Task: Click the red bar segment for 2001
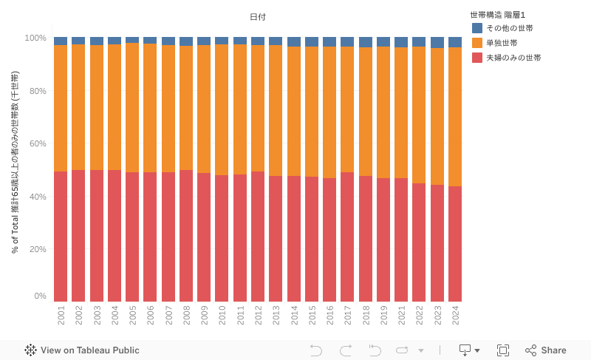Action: [61, 237]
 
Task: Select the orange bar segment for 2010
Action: [222, 110]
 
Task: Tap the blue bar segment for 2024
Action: [455, 42]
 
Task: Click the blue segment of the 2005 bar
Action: [132, 40]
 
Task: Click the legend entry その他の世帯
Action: [509, 28]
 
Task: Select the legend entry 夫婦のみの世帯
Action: [513, 58]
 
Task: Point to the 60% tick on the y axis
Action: [35, 143]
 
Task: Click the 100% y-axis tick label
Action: [35, 38]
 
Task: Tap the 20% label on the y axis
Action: [35, 249]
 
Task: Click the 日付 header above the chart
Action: [258, 17]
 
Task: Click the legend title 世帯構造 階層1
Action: [497, 15]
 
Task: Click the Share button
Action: [546, 350]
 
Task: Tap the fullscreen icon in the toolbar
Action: [503, 350]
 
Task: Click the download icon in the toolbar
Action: [466, 350]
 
